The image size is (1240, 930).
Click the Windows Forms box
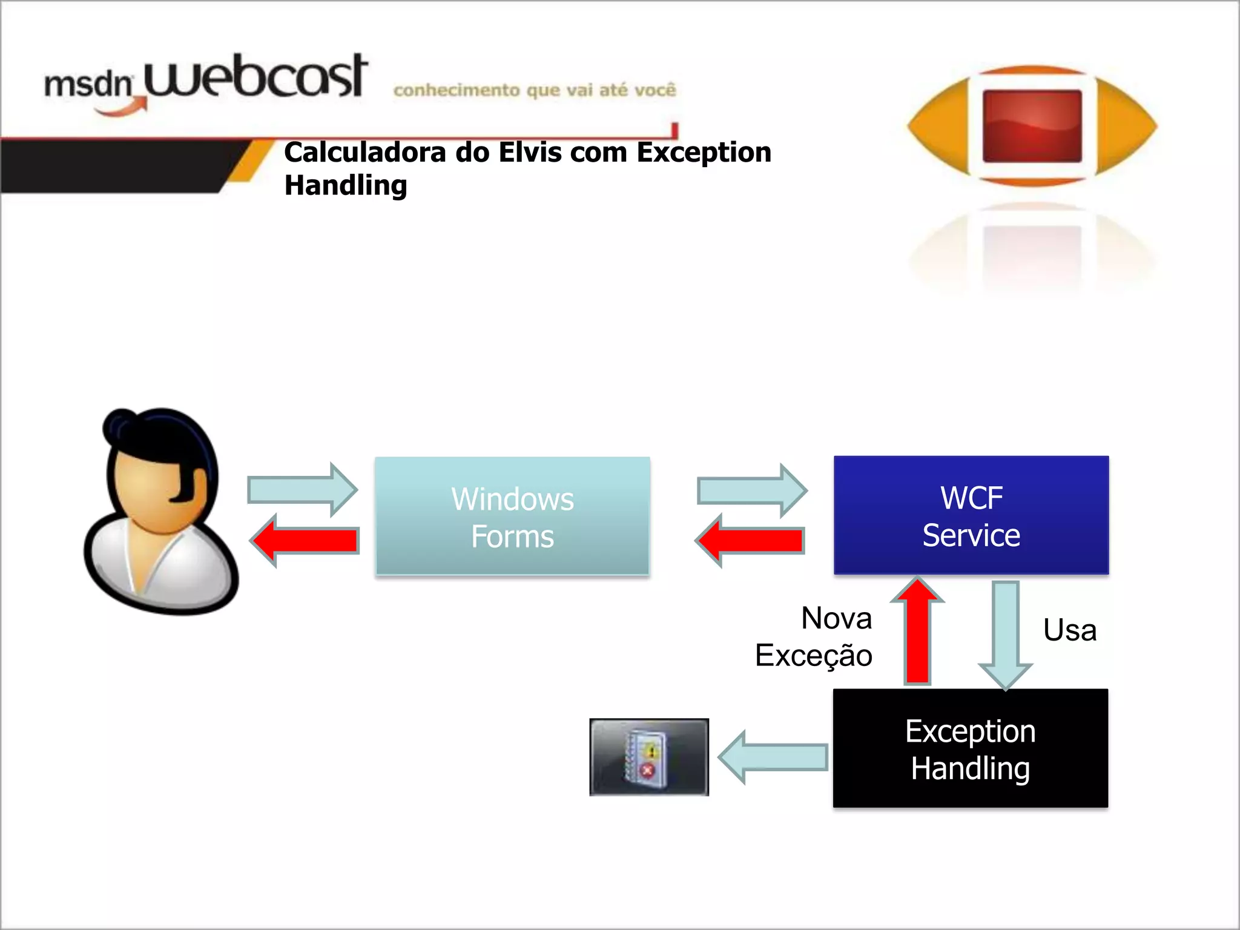tap(512, 516)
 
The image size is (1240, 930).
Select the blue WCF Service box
tap(971, 515)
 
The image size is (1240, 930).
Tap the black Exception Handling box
tap(971, 748)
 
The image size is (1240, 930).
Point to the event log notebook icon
tap(648, 757)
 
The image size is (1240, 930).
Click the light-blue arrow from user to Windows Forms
tap(302, 490)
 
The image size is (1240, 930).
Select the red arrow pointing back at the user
tap(305, 541)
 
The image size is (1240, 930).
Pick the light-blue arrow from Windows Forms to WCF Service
tap(751, 490)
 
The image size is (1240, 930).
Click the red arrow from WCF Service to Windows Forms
tap(750, 541)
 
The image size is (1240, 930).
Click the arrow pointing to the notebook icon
tap(773, 757)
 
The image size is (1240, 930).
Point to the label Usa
tap(1070, 630)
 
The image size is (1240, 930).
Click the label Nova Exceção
tap(814, 637)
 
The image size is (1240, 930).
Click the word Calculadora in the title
tap(365, 152)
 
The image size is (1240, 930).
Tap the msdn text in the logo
tap(88, 84)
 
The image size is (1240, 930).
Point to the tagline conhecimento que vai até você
tap(535, 90)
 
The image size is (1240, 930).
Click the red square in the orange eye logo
tap(1032, 126)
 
